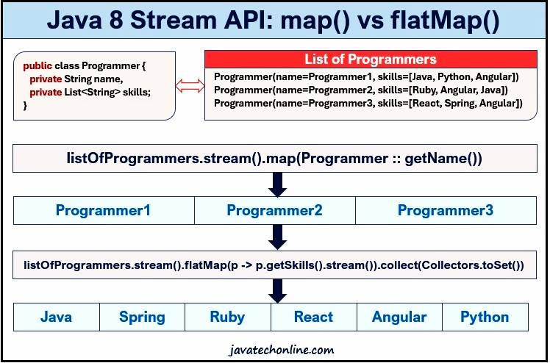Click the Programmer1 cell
(103, 211)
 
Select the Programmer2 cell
(274, 211)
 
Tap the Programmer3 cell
(446, 211)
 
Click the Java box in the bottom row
(56, 317)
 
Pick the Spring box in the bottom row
(142, 317)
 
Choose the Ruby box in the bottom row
(227, 317)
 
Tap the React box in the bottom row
(313, 317)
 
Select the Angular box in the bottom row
(399, 317)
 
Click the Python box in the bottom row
(485, 317)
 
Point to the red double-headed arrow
(190, 87)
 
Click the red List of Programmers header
(371, 60)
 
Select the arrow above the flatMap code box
(277, 237)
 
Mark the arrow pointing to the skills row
(277, 290)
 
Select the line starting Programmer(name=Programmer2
(360, 90)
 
